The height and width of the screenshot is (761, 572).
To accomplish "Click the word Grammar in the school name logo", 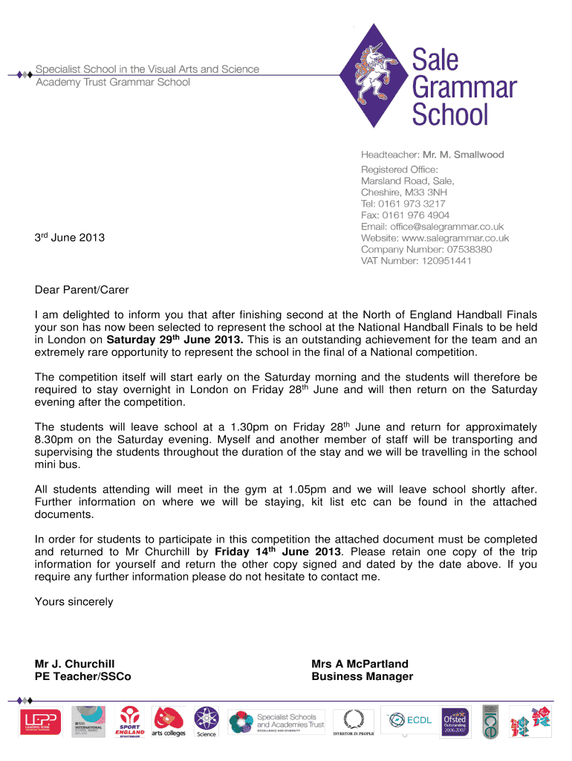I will click(x=464, y=87).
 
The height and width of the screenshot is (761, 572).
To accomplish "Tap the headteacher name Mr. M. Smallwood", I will click(x=464, y=155).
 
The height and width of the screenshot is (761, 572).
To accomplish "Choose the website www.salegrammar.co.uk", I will click(x=455, y=238).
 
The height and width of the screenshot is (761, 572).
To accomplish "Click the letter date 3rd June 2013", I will click(x=70, y=238).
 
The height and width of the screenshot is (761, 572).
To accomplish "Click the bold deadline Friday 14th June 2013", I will click(x=279, y=551).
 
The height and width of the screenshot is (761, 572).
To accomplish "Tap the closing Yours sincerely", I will click(x=74, y=601).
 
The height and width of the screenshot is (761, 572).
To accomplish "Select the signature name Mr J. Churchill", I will click(x=75, y=664).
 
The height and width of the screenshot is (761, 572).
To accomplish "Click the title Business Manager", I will click(x=362, y=676).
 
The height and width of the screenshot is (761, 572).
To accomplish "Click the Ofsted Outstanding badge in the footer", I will click(x=455, y=722).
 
